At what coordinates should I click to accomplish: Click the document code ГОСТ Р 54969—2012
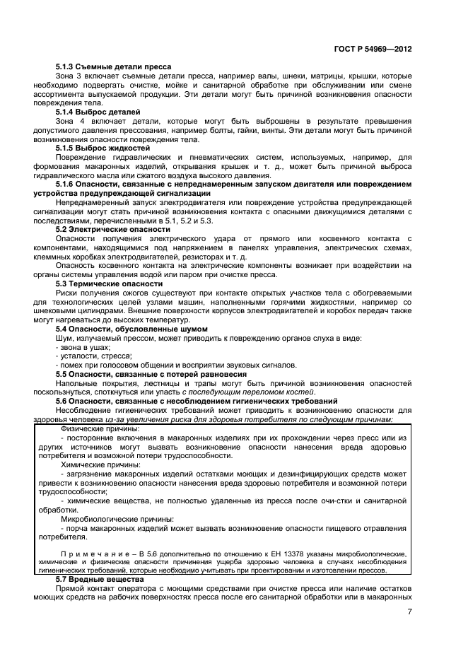(373, 50)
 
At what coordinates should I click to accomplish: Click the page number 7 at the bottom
(409, 612)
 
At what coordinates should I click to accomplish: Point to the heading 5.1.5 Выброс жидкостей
(103, 148)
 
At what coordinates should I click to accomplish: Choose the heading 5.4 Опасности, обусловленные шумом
(131, 329)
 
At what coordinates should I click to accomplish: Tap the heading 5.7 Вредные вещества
(100, 579)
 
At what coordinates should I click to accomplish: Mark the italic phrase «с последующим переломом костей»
(250, 392)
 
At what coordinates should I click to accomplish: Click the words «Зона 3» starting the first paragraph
(68, 76)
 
